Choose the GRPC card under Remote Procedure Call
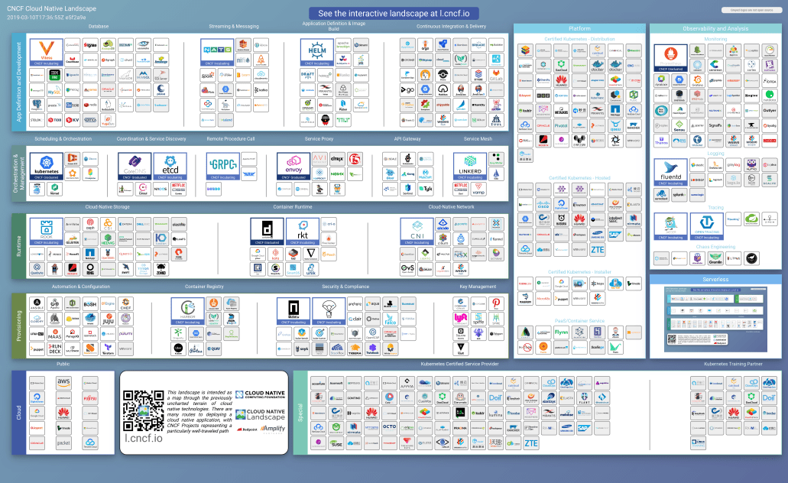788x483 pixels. coord(222,166)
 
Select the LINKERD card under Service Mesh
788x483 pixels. coord(469,166)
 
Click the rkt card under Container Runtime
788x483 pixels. coord(302,232)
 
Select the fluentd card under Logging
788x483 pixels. coord(671,173)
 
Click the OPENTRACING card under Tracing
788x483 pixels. coord(708,225)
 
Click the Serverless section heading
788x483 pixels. coord(715,280)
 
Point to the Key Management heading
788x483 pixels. coord(472,287)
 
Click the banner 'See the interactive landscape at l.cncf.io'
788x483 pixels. coord(394,14)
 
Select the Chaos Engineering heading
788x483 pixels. coord(715,247)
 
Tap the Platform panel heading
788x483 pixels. coord(580,28)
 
